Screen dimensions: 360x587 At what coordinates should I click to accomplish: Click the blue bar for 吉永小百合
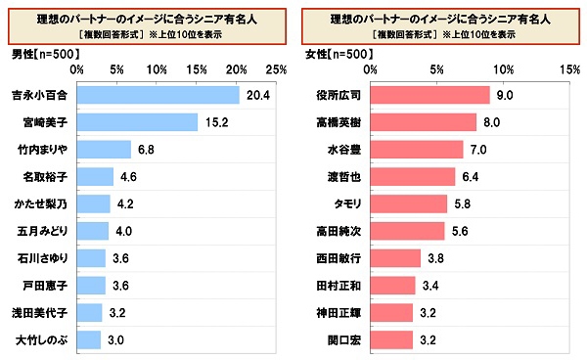(158, 95)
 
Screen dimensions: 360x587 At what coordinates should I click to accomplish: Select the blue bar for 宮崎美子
(137, 122)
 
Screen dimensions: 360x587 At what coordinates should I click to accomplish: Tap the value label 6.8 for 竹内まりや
(148, 150)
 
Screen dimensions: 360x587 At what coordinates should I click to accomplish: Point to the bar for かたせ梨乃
(93, 203)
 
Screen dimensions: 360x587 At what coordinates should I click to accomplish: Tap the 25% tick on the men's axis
(275, 70)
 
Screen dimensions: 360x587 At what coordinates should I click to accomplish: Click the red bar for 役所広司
(430, 95)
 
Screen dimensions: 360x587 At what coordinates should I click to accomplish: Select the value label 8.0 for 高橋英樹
(492, 122)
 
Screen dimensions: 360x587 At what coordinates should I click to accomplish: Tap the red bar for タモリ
(410, 203)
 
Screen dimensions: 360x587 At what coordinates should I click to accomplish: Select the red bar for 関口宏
(392, 339)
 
